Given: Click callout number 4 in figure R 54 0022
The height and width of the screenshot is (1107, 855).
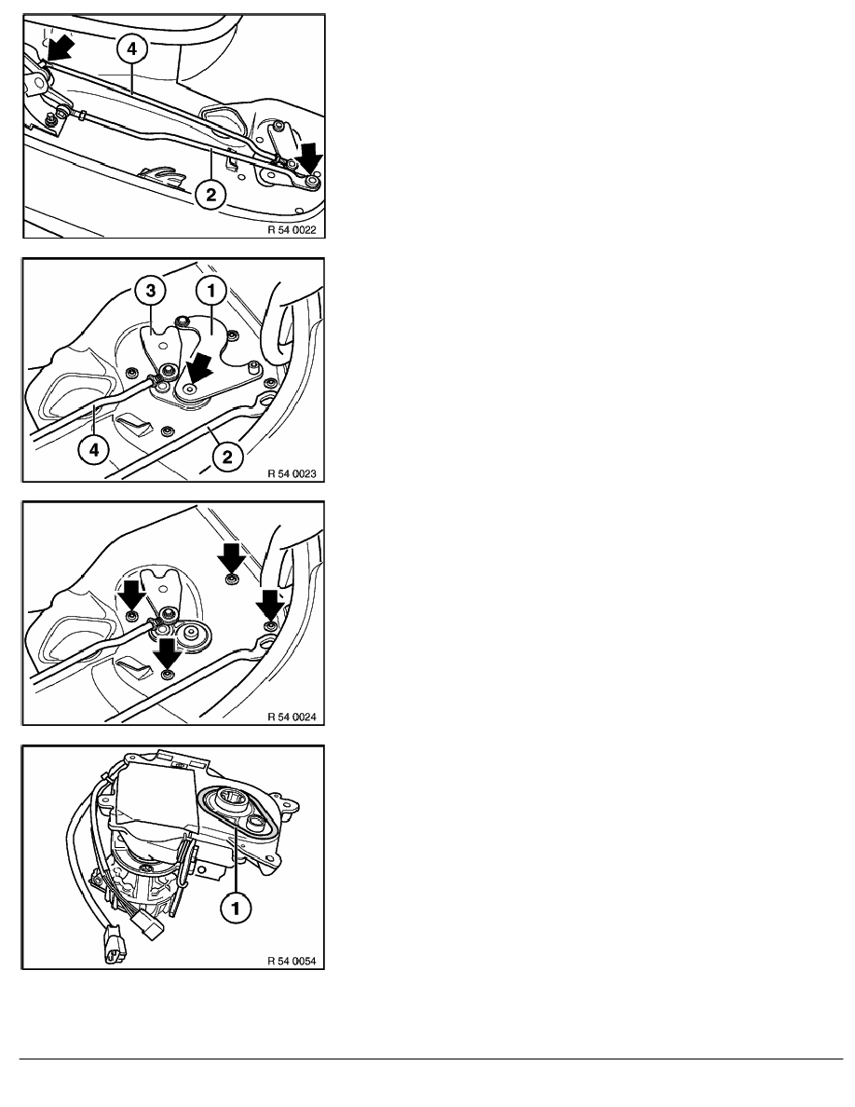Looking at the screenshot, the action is coord(132,49).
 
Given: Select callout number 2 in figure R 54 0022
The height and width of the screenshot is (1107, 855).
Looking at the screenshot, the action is coord(211,194).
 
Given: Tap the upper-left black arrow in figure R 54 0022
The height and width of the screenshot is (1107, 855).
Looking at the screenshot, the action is coord(61,48).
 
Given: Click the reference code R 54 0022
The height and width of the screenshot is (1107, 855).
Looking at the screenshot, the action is coord(292,229).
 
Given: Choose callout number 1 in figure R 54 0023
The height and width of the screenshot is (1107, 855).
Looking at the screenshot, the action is coord(210,290).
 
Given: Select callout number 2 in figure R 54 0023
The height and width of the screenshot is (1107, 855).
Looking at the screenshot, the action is coord(227,457).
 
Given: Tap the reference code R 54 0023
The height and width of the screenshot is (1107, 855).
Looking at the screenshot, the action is coord(292,473).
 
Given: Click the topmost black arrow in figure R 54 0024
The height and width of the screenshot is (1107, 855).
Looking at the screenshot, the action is coord(231,558).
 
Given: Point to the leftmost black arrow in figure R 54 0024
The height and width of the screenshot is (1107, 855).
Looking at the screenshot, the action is coord(132,595).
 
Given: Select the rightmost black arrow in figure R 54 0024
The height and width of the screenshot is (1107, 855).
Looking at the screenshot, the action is coord(270,605).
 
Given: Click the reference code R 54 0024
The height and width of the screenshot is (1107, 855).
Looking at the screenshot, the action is coord(292,717).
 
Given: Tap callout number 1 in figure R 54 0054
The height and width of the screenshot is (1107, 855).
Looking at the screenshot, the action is coord(236,908).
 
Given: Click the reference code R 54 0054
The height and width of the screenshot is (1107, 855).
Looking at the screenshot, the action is coord(292,960).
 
